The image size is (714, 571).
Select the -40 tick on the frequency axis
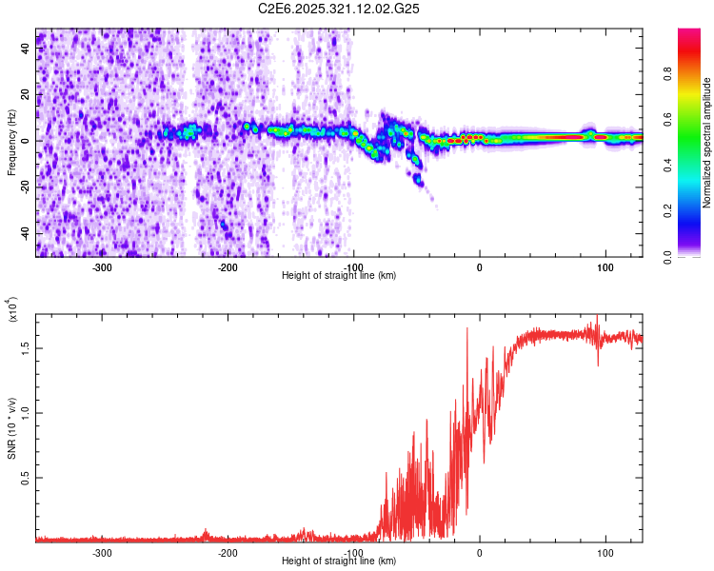tap(24, 233)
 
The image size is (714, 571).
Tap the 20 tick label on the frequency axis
tap(26, 95)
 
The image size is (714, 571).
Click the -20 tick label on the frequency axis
tap(24, 187)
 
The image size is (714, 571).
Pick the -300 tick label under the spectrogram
tap(101, 266)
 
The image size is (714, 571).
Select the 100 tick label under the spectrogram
tap(605, 266)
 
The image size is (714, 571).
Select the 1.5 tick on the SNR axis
tap(26, 348)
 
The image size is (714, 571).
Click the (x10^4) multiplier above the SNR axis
tap(12, 311)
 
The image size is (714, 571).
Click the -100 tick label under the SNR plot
tap(353, 552)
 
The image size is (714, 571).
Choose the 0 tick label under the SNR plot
tap(479, 552)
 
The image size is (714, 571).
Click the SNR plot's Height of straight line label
tap(339, 561)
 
